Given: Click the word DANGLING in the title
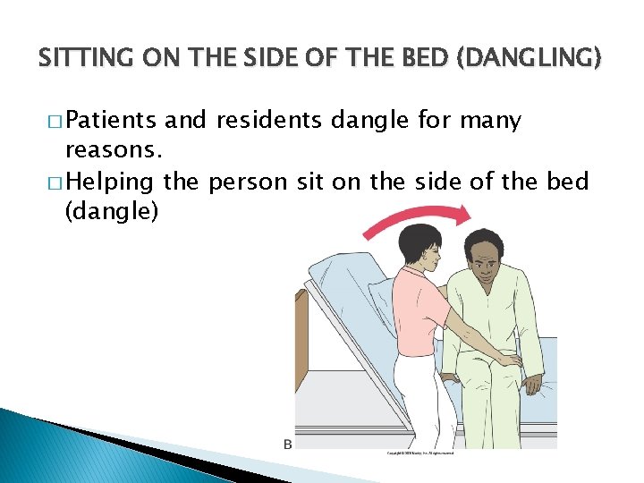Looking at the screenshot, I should click(x=541, y=60).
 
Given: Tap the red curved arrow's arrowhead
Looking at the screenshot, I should click(x=460, y=213).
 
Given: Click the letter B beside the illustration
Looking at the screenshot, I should click(x=288, y=444).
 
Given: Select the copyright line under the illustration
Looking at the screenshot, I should click(x=419, y=453).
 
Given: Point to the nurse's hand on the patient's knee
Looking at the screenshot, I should click(x=509, y=360).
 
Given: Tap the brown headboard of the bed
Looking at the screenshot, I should click(x=301, y=339).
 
